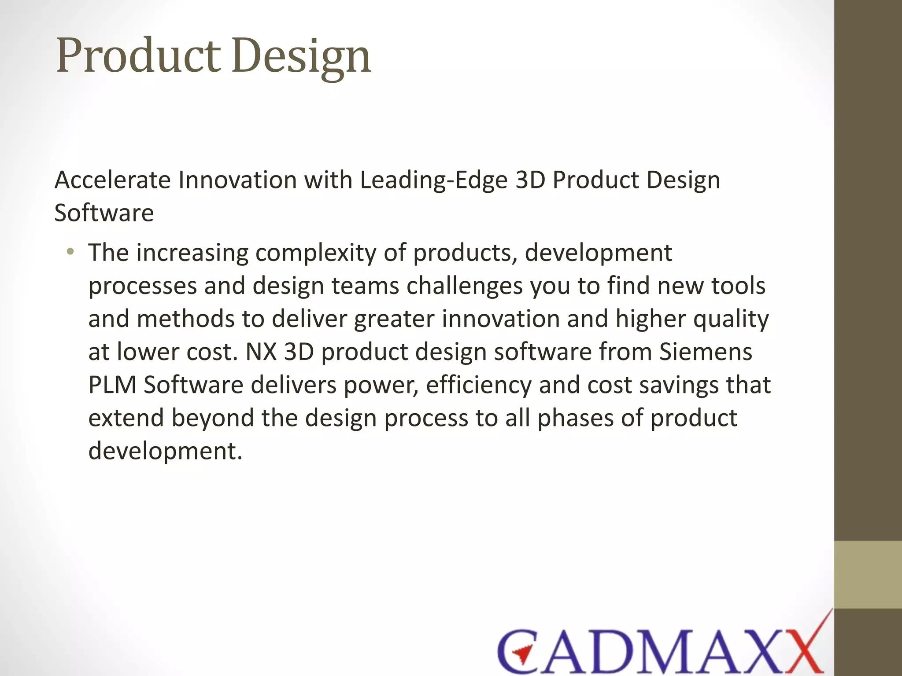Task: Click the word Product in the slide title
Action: click(138, 56)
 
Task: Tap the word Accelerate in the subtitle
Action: click(113, 180)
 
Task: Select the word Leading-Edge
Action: click(434, 181)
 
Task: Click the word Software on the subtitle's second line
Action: click(104, 213)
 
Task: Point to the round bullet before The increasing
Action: click(70, 252)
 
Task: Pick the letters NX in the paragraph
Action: click(261, 352)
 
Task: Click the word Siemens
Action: click(706, 352)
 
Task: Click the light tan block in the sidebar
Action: click(868, 574)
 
